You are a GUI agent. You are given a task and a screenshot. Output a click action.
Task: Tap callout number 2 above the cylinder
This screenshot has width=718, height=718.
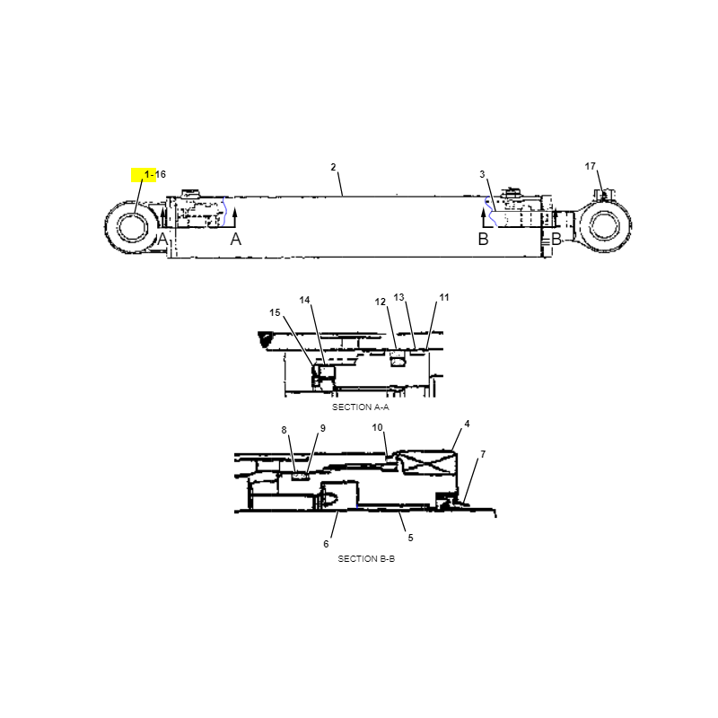tap(333, 167)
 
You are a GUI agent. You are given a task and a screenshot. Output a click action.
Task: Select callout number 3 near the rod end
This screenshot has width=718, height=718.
tap(482, 174)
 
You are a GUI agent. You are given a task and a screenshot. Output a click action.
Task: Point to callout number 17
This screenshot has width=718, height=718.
tap(591, 166)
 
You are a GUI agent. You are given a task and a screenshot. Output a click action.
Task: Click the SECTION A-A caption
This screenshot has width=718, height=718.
tap(361, 407)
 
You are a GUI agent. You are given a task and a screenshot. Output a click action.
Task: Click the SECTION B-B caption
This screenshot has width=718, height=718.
tap(366, 558)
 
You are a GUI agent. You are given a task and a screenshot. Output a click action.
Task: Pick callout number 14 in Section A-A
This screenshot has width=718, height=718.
tap(304, 300)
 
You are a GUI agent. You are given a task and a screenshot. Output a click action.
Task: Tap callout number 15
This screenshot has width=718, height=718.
tap(275, 312)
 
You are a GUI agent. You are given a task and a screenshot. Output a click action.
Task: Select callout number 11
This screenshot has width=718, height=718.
tap(444, 297)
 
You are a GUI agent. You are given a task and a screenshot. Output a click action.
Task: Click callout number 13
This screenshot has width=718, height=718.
tap(398, 297)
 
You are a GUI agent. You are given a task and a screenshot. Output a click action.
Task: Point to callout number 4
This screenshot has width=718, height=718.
tap(467, 424)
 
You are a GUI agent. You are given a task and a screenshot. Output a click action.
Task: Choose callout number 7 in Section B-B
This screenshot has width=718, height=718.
tap(483, 454)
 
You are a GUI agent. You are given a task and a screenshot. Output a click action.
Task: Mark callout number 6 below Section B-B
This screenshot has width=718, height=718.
tap(326, 544)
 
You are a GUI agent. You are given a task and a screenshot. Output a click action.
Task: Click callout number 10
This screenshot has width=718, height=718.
tap(377, 427)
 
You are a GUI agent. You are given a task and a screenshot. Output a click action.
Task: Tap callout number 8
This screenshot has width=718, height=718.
tap(284, 430)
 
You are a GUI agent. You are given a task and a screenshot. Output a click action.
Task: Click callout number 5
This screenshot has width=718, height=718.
tap(410, 538)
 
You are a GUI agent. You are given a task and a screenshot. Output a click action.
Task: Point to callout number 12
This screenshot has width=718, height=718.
tap(381, 302)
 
